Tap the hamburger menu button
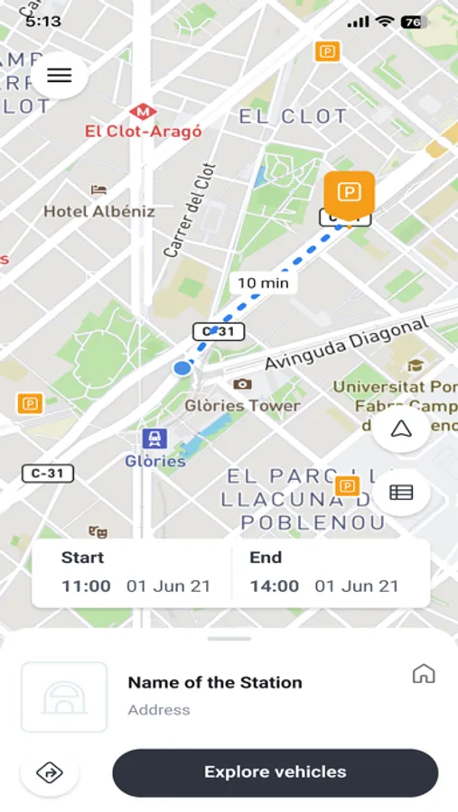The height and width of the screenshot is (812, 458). coord(59,76)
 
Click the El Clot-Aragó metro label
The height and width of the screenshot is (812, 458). coord(143,132)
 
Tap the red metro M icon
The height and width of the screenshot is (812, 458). coord(142,111)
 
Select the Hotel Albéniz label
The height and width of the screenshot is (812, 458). coord(99,211)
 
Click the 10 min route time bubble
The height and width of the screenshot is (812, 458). coord(262,282)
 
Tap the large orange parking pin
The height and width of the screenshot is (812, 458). coord(349,192)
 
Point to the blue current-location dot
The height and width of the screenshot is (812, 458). coord(182,367)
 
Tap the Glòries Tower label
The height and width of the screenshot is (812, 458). coord(242,405)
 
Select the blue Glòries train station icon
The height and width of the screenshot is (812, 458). coord(154,439)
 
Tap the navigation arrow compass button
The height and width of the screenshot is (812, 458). coord(400,429)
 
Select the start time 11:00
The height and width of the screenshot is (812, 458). coord(87,586)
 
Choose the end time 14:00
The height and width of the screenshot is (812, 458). coord(275,586)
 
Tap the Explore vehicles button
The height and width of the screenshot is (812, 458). coord(275,771)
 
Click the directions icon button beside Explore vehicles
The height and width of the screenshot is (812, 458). coord(49,772)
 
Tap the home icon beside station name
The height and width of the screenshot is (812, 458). coord(423,673)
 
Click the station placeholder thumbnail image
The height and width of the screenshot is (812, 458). coord(64,697)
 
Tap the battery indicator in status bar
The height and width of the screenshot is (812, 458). coord(414,22)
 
